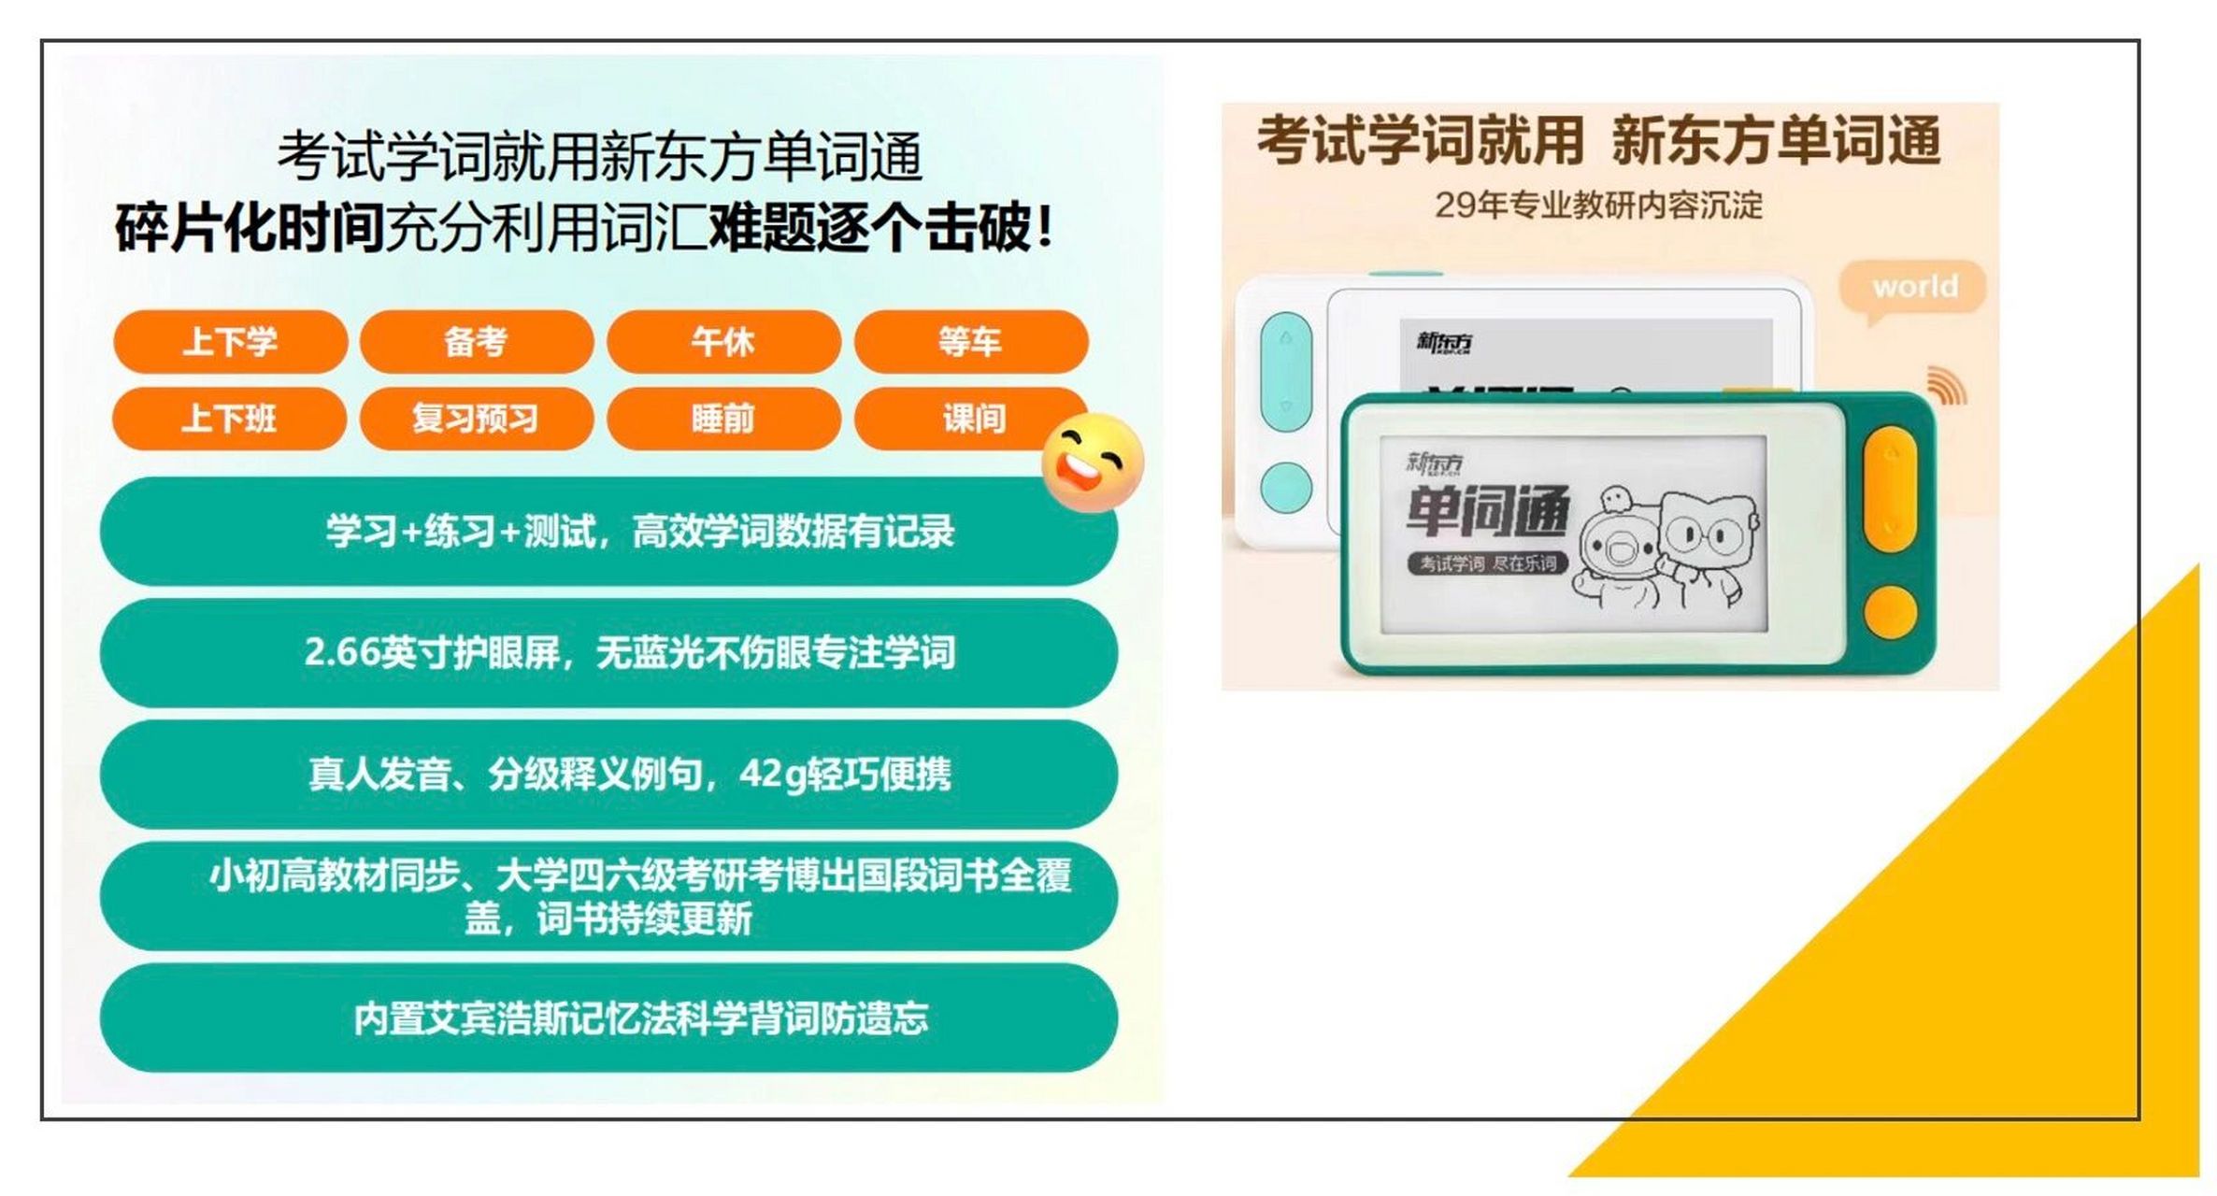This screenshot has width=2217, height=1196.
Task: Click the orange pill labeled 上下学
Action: click(x=230, y=342)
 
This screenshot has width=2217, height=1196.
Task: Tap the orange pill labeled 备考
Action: click(x=476, y=342)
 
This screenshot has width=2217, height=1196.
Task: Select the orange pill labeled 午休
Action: click(x=722, y=342)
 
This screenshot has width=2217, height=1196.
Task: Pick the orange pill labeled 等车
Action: click(x=970, y=342)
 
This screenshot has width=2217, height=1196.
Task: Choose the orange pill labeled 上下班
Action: click(x=229, y=419)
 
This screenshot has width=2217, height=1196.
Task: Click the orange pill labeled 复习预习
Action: click(x=476, y=419)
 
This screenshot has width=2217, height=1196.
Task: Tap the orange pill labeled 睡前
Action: click(x=722, y=419)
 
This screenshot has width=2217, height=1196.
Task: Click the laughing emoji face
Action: click(x=1093, y=463)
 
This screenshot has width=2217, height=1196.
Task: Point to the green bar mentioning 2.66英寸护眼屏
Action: click(x=608, y=652)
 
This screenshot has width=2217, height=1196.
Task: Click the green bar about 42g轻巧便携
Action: click(x=608, y=774)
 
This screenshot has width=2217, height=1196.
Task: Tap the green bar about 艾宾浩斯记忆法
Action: click(x=608, y=1018)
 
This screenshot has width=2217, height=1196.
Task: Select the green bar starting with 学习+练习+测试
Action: click(x=608, y=531)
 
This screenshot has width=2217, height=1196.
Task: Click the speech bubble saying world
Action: click(x=1913, y=287)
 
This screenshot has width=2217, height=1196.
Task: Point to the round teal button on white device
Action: click(x=1286, y=487)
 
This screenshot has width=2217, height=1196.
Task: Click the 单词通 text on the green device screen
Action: click(x=1486, y=512)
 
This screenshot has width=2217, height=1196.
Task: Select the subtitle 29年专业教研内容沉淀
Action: click(x=1598, y=206)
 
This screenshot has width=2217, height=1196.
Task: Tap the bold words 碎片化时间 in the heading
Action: click(x=250, y=227)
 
